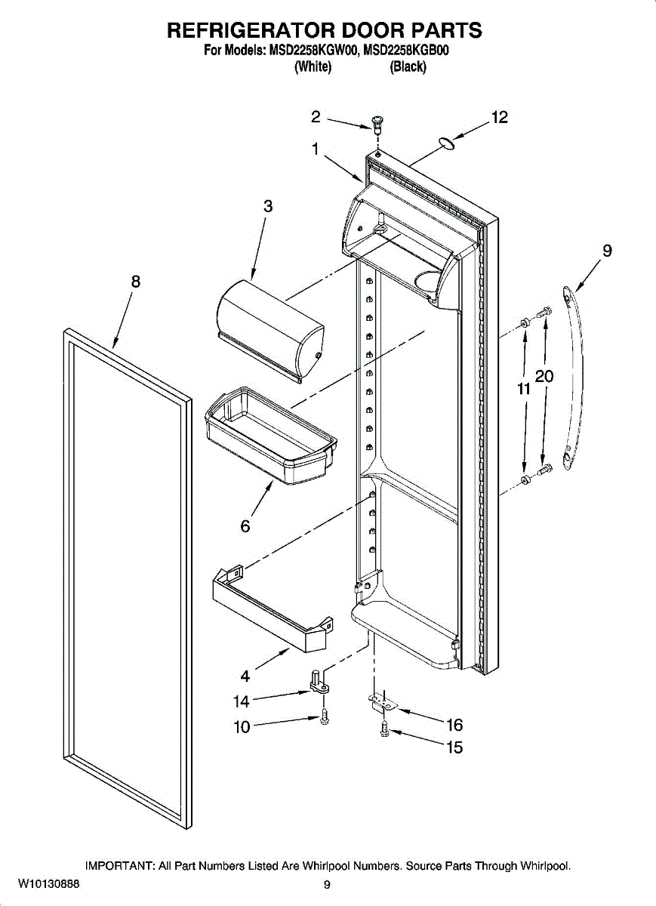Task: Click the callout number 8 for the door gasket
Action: (x=136, y=282)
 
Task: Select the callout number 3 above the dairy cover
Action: (x=268, y=206)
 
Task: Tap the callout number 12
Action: (x=499, y=117)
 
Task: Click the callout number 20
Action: (x=545, y=376)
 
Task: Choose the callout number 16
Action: (x=454, y=726)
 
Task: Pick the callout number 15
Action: (x=454, y=748)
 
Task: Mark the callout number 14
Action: (x=241, y=701)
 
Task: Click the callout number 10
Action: (x=242, y=729)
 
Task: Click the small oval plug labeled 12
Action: (x=446, y=143)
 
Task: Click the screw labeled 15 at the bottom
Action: (x=384, y=729)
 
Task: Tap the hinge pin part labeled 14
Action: (x=318, y=680)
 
